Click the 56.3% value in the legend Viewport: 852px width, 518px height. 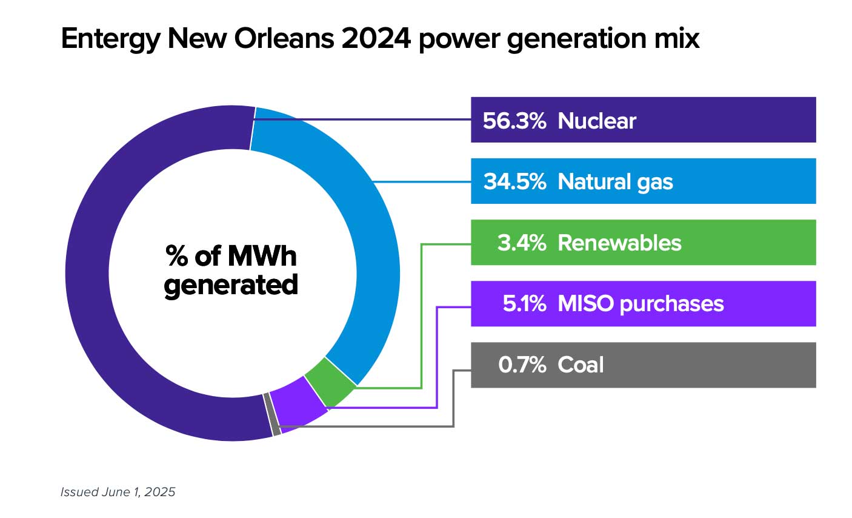pos(514,121)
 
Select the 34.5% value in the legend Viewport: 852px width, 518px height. pos(514,181)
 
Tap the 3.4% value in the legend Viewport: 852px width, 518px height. pos(521,243)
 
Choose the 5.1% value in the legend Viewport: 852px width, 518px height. pos(524,303)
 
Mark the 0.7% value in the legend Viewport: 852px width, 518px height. pos(522,365)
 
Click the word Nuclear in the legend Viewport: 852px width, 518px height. pos(597,121)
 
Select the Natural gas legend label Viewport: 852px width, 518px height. pos(615,181)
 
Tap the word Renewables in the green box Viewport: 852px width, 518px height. pos(619,243)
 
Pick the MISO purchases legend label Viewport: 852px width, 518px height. pos(641,303)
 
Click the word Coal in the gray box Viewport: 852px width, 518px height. pos(581,365)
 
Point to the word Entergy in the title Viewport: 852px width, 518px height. pos(110,39)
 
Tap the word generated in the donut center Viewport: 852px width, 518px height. pos(231,285)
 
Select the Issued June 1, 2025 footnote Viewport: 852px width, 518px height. pos(118,492)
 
